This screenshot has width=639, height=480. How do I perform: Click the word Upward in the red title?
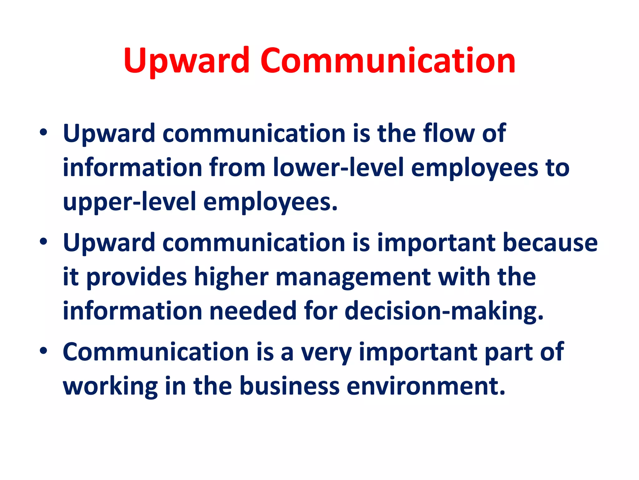(187, 61)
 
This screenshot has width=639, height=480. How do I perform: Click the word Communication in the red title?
(388, 61)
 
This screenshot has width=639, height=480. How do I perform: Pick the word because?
(550, 243)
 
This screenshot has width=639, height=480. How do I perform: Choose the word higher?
(231, 277)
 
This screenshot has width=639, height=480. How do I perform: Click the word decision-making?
(444, 311)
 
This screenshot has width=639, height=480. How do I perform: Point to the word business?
(289, 386)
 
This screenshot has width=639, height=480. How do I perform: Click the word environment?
(426, 386)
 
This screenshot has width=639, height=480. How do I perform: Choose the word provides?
(136, 277)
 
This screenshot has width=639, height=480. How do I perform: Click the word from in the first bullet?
(237, 167)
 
